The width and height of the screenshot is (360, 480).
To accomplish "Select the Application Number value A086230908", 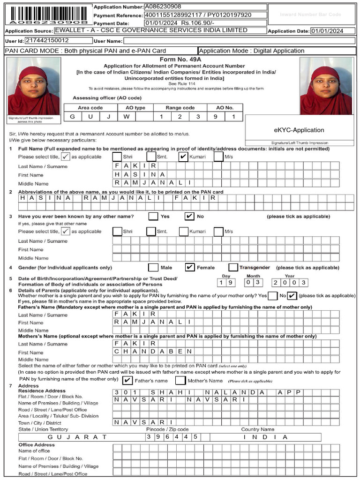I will [x=163, y=7].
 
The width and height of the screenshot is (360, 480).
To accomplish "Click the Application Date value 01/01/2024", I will [x=327, y=31].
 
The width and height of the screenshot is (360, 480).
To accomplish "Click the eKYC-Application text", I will [x=299, y=130].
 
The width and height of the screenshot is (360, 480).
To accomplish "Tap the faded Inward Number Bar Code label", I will [x=310, y=15].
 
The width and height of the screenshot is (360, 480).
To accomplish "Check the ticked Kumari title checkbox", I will [x=183, y=157].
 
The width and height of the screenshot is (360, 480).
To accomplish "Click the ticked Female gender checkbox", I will [x=190, y=267].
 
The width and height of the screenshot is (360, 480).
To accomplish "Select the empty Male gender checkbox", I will [x=153, y=267].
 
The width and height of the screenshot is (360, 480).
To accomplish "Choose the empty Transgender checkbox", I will [x=233, y=267].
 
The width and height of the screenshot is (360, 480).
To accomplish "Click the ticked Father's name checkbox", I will [x=127, y=380].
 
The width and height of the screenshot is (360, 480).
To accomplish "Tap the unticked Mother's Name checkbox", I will [x=180, y=380].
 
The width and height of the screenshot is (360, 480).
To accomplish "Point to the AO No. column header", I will [x=225, y=108].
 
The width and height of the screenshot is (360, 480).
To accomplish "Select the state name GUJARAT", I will [x=77, y=437].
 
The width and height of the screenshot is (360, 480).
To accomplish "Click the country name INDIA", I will [x=265, y=437].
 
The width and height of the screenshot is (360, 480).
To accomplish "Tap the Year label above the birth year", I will [x=290, y=276].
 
